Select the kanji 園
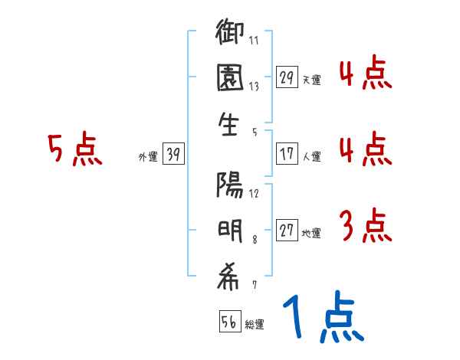click(x=229, y=81)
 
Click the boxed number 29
click(x=287, y=77)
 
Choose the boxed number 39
click(x=173, y=155)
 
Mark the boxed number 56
click(x=229, y=322)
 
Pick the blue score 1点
click(x=323, y=318)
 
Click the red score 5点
click(x=74, y=149)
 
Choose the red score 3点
click(x=365, y=226)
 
